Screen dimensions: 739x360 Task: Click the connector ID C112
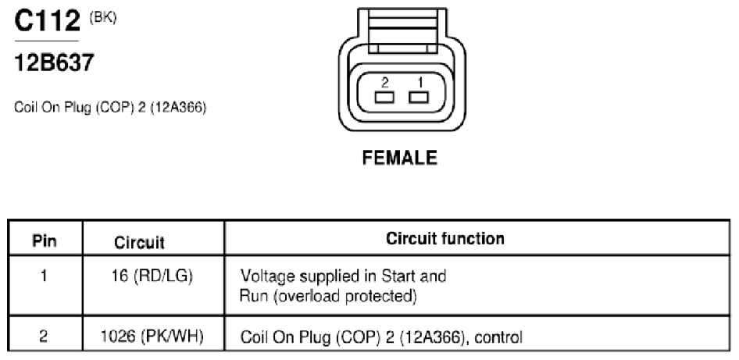pyautogui.click(x=47, y=21)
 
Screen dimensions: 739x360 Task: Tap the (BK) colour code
pyautogui.click(x=103, y=18)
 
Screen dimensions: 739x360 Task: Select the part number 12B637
pyautogui.click(x=54, y=62)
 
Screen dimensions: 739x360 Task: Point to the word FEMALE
pyautogui.click(x=400, y=158)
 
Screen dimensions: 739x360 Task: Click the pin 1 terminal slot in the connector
pyautogui.click(x=419, y=98)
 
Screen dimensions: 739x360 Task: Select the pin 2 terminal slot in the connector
pyautogui.click(x=384, y=98)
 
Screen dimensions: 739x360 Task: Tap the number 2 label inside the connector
pyautogui.click(x=385, y=83)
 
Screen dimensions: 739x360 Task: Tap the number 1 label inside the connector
pyautogui.click(x=420, y=83)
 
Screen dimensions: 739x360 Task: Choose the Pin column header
pyautogui.click(x=45, y=241)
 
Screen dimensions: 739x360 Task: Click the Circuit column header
pyautogui.click(x=140, y=242)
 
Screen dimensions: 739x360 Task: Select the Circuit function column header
pyautogui.click(x=445, y=238)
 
